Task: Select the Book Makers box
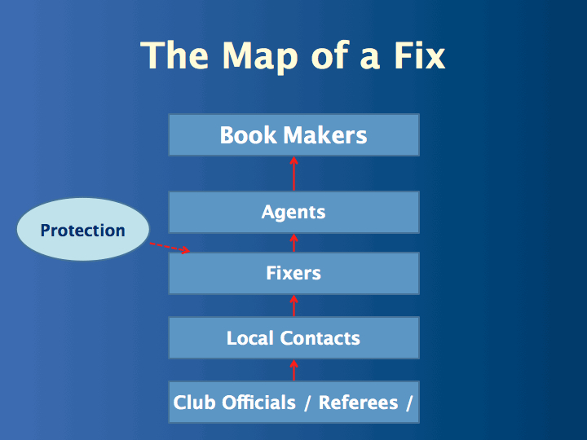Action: (293, 134)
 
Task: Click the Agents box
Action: (293, 212)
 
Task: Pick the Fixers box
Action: (293, 273)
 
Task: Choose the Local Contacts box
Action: (293, 337)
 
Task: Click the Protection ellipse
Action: (83, 230)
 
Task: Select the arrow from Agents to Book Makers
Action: (294, 173)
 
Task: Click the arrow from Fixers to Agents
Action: (294, 243)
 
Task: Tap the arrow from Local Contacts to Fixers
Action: (294, 306)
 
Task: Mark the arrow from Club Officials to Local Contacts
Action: (294, 370)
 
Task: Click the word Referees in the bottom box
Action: (358, 403)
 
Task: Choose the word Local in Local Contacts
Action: (251, 337)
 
